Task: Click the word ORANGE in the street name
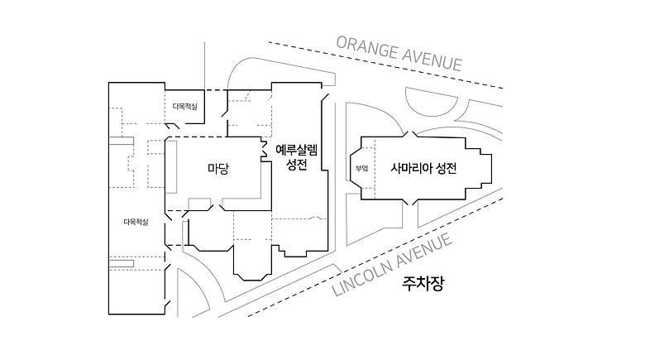click(365, 46)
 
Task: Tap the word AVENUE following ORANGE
click(431, 59)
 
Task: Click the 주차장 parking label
click(423, 286)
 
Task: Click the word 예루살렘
click(296, 150)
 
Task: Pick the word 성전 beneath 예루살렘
click(296, 166)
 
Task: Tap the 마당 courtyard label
click(218, 168)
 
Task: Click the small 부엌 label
click(361, 168)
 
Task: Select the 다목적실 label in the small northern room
click(184, 106)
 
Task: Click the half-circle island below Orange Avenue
click(431, 103)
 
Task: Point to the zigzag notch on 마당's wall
click(266, 149)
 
